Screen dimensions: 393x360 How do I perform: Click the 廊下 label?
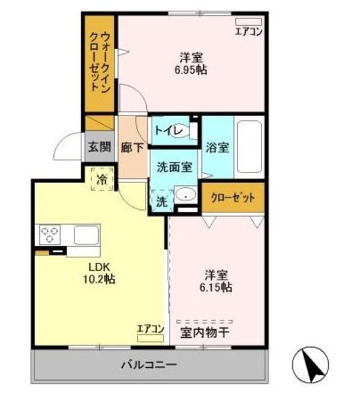[x=132, y=147]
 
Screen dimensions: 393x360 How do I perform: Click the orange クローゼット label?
[x=232, y=198]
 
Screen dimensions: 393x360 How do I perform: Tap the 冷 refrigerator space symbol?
[x=102, y=179]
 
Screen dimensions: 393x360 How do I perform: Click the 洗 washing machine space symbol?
[x=160, y=201]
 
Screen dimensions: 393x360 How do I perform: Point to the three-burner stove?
[x=50, y=234]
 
